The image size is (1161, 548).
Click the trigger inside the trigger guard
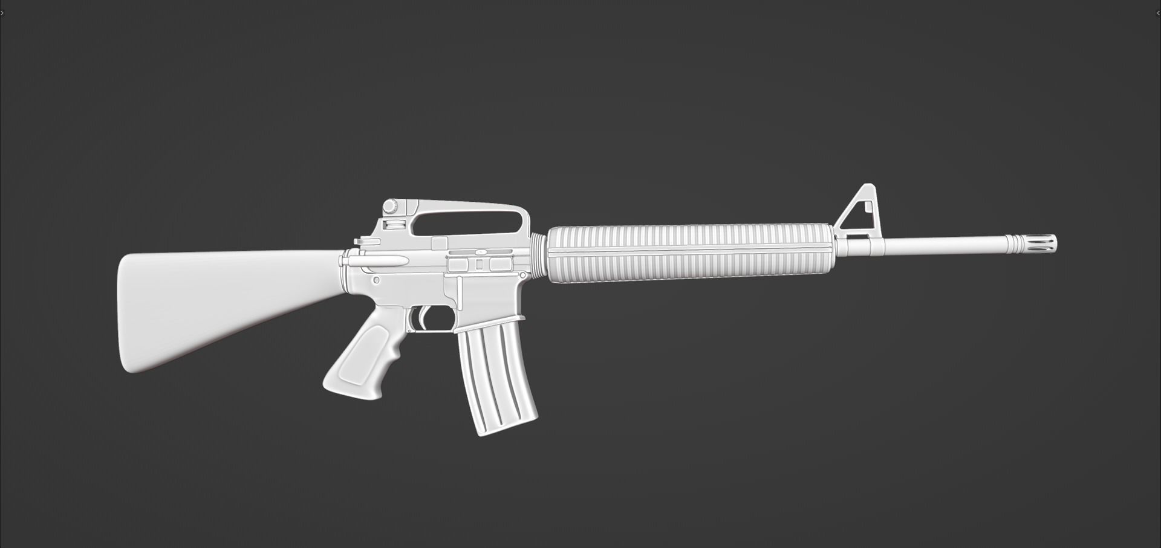(422, 317)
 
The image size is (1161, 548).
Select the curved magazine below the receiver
(496, 381)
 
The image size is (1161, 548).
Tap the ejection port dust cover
(480, 265)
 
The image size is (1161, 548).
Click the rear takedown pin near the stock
(376, 280)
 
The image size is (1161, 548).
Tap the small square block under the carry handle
(440, 243)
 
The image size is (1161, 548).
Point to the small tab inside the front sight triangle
(869, 207)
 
